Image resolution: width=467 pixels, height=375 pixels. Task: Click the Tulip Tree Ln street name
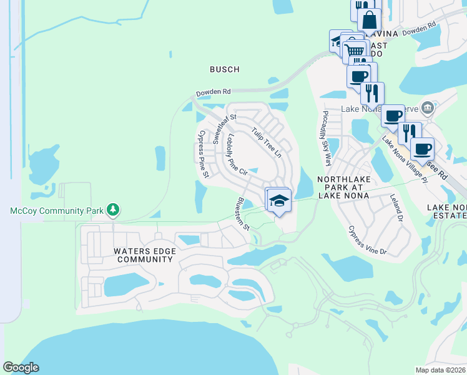pyautogui.click(x=267, y=142)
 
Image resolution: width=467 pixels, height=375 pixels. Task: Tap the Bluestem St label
pyautogui.click(x=243, y=213)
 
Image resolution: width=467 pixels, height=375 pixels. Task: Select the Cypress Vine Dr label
pyautogui.click(x=368, y=240)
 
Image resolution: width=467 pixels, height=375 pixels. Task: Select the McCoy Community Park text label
pyautogui.click(x=57, y=211)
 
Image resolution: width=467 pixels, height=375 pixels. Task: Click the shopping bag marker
pyautogui.click(x=369, y=19)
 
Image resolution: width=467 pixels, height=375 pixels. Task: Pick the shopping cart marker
pyautogui.click(x=355, y=50)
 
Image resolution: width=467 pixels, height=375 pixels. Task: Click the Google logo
pyautogui.click(x=21, y=367)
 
